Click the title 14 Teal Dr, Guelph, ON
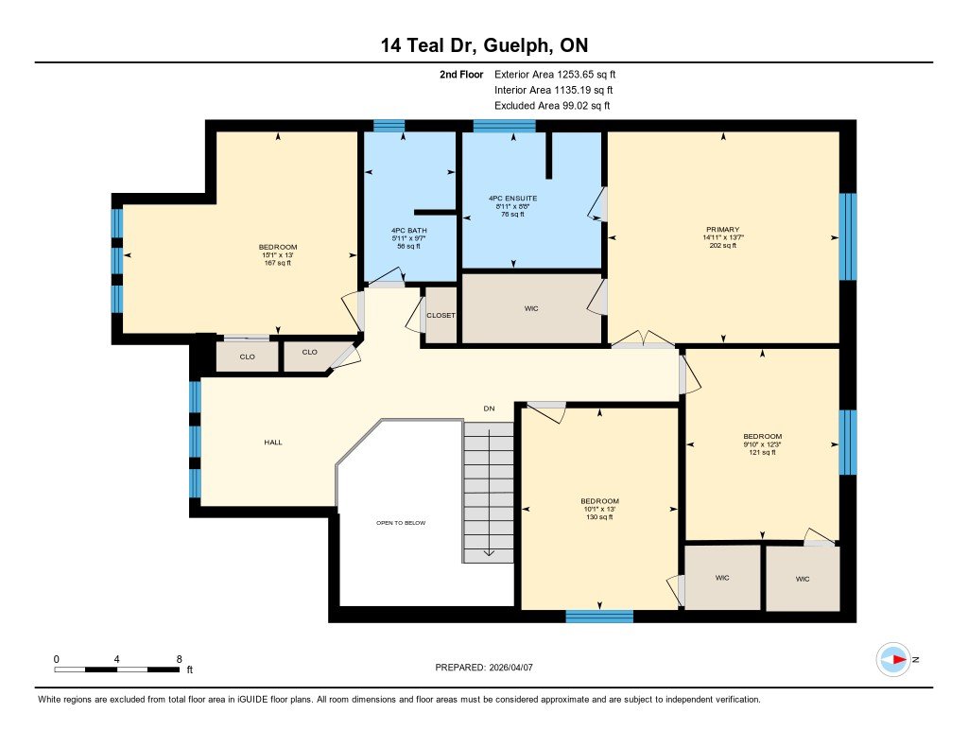[483, 45]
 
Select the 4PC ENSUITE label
[513, 199]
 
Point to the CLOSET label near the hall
[441, 315]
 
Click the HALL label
[273, 442]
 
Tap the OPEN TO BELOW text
[401, 522]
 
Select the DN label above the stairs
[489, 409]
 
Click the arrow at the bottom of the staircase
[489, 552]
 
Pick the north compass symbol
[893, 659]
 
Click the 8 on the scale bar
[179, 658]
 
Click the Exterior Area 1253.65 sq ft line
[555, 74]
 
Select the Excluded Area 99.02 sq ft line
[552, 106]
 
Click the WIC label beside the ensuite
[531, 309]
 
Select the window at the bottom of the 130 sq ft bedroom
[599, 617]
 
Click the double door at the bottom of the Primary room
[643, 342]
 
